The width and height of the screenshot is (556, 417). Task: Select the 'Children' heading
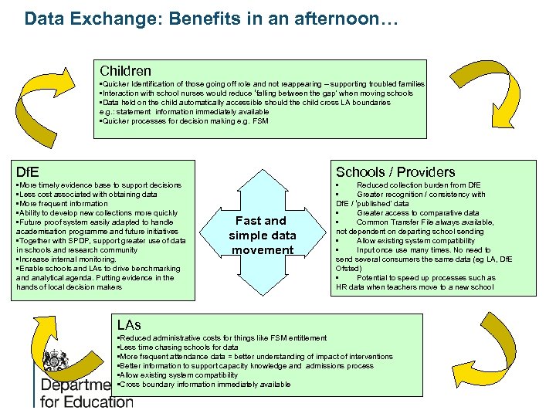[125, 70]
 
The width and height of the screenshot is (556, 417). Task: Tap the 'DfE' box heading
[28, 171]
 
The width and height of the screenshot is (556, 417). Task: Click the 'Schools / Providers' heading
[395, 171]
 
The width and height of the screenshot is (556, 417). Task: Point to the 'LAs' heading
[129, 324]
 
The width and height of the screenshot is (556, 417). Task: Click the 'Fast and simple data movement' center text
[263, 235]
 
